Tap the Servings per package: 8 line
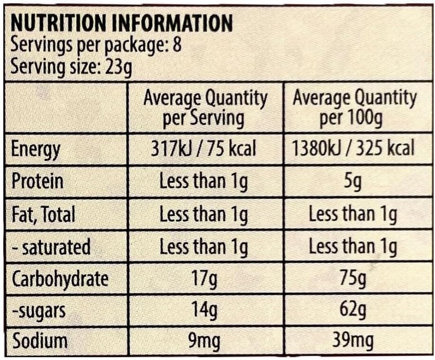[x=95, y=45]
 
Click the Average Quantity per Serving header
[x=205, y=108]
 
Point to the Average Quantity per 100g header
[x=354, y=108]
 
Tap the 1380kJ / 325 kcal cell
[x=353, y=148]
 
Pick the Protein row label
[x=37, y=181]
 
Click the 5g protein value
[x=353, y=181]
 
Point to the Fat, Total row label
[x=43, y=214]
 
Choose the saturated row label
[x=51, y=247]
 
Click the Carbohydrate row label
[x=60, y=279]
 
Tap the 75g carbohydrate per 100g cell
[x=353, y=279]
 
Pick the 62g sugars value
[x=353, y=311]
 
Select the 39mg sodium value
[x=353, y=342]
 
